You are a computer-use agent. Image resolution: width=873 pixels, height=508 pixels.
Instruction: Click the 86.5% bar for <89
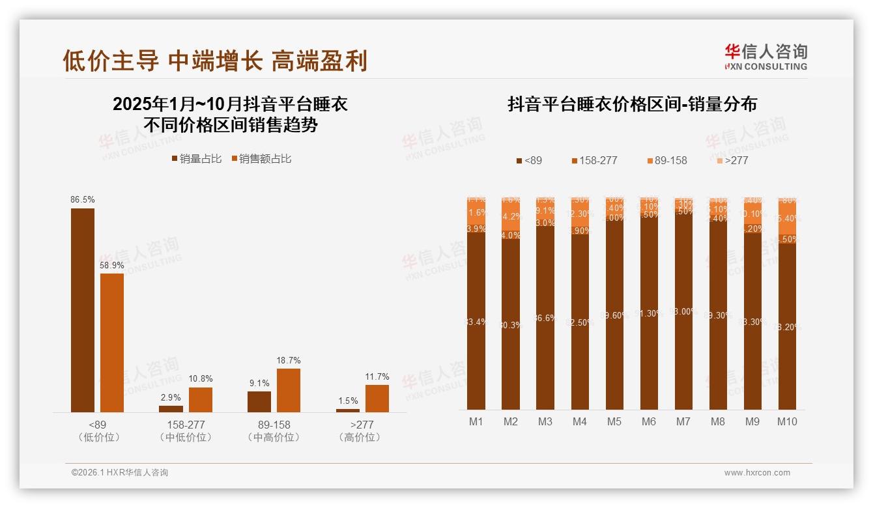(83, 310)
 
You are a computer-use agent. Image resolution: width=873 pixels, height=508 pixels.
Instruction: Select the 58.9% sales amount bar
(112, 343)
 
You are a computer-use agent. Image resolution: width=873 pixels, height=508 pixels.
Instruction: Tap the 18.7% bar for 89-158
(289, 390)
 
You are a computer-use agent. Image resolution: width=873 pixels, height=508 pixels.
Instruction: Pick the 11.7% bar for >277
(377, 398)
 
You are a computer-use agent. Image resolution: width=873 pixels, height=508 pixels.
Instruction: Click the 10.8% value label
(201, 378)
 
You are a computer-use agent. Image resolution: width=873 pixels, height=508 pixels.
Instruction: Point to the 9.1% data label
(259, 383)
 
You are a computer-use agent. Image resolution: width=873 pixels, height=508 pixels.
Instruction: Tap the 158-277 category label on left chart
(186, 425)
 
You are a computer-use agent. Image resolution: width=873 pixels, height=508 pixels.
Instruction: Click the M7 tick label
(683, 422)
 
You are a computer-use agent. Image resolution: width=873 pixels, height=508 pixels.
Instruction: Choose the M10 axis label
(787, 422)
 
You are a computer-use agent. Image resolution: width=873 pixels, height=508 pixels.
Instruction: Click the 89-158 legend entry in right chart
(667, 160)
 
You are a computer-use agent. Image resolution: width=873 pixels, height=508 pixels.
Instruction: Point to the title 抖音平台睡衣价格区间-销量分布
(632, 104)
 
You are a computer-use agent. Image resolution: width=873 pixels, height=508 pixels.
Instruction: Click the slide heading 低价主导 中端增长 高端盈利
(215, 61)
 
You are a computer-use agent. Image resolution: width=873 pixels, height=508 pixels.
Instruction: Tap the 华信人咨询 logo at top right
(766, 56)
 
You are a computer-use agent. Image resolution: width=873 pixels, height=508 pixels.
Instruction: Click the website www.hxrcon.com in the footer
(757, 473)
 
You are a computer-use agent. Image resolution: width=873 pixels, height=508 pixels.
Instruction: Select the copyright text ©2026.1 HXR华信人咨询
(120, 473)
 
